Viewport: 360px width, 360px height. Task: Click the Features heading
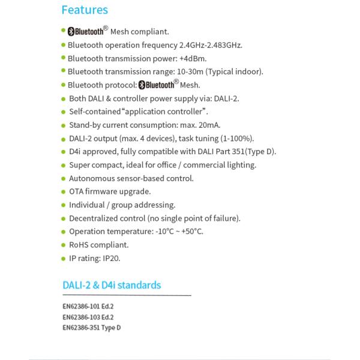(85, 10)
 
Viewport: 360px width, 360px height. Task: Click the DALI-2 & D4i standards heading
(112, 285)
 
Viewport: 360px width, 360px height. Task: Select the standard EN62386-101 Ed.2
(88, 306)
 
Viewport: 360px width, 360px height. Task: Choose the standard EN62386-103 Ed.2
(88, 316)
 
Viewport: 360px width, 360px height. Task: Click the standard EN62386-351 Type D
(92, 327)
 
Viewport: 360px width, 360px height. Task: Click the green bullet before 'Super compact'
(64, 165)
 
